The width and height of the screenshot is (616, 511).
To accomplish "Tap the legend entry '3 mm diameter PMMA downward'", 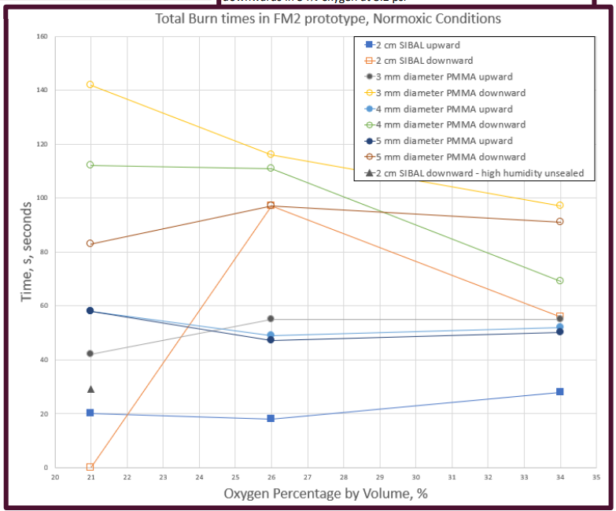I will click(444, 93).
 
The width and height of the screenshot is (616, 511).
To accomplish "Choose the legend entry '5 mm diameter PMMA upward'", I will click(439, 141).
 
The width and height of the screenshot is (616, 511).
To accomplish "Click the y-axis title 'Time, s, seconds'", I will click(27, 251).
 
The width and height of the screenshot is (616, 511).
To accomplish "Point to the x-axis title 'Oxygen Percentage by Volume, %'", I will click(326, 493).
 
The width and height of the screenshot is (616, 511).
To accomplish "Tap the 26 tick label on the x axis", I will click(271, 477).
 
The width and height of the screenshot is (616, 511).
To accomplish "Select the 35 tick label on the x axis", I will click(596, 477).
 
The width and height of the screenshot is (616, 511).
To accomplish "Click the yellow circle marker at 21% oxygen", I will click(90, 84).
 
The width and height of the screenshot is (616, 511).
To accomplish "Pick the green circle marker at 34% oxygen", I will click(559, 280).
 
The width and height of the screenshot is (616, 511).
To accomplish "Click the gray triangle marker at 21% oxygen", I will click(90, 389).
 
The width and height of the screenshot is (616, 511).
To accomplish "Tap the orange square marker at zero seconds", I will click(90, 467).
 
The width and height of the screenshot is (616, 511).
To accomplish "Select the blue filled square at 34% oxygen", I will click(559, 391).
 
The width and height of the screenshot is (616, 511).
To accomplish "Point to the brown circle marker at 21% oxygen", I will click(90, 243).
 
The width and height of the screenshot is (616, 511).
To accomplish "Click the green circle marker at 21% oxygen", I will click(90, 165).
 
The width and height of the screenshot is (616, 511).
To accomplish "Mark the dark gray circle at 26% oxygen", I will click(271, 319).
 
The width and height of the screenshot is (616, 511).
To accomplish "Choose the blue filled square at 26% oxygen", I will click(271, 418).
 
